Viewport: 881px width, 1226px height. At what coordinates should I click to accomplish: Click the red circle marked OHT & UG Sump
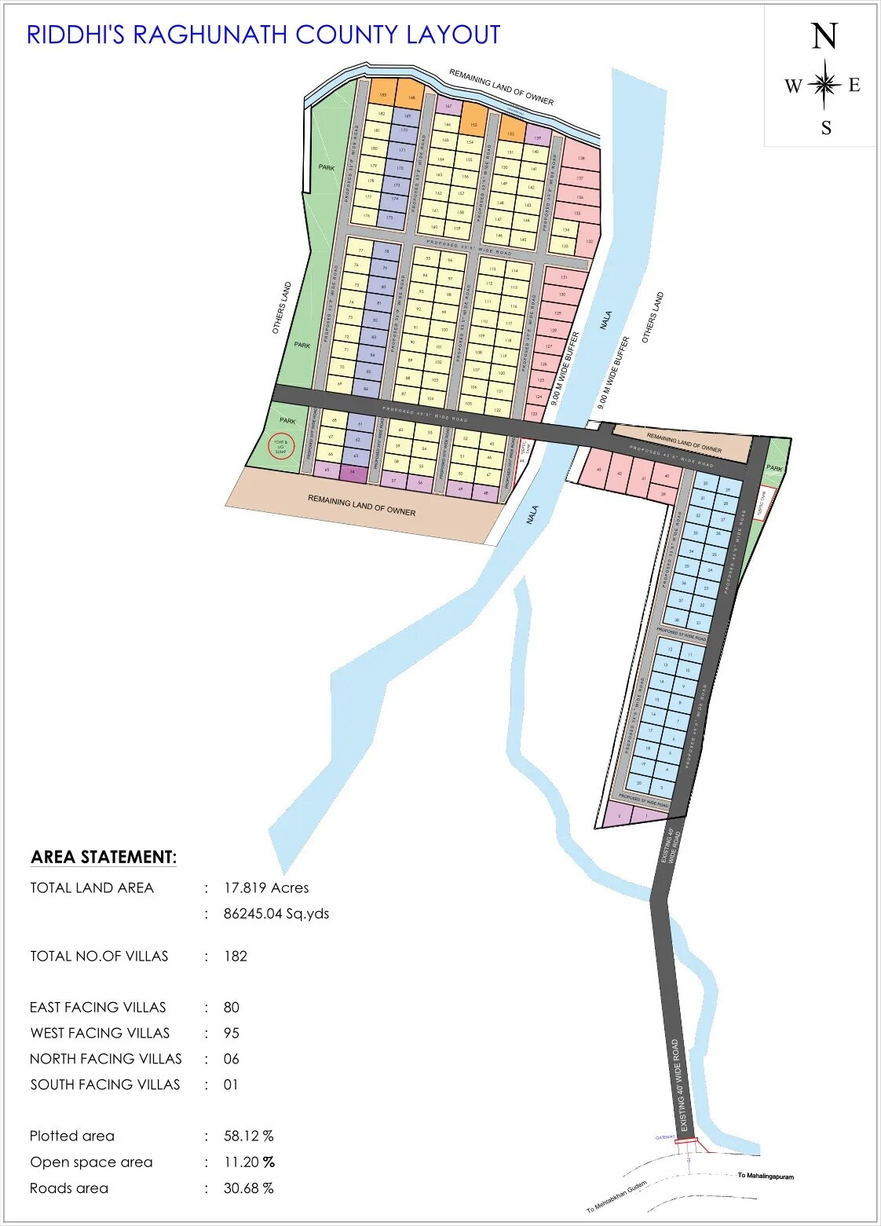click(x=282, y=446)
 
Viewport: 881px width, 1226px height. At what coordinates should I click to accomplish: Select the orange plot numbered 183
click(x=382, y=94)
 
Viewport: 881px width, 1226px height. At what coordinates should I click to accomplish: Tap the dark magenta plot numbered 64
click(x=353, y=472)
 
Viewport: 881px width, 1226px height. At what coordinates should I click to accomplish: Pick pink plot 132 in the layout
click(x=590, y=240)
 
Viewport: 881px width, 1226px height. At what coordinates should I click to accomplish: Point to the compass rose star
click(x=824, y=84)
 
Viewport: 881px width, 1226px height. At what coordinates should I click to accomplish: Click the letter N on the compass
click(x=824, y=37)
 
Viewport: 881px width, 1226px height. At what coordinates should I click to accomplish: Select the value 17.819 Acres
click(x=266, y=887)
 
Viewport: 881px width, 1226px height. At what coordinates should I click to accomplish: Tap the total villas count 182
click(x=236, y=956)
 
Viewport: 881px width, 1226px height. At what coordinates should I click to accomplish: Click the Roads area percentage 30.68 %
click(x=248, y=1188)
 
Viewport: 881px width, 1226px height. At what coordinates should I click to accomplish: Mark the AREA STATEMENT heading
click(x=104, y=857)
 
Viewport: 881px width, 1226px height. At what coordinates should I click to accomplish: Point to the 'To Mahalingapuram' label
click(x=765, y=1177)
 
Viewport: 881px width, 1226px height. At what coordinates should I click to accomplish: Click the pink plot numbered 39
click(x=663, y=494)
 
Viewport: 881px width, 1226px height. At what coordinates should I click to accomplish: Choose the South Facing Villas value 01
click(x=231, y=1085)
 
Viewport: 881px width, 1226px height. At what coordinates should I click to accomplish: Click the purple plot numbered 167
click(x=448, y=106)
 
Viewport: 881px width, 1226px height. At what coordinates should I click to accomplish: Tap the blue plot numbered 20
click(x=639, y=783)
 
